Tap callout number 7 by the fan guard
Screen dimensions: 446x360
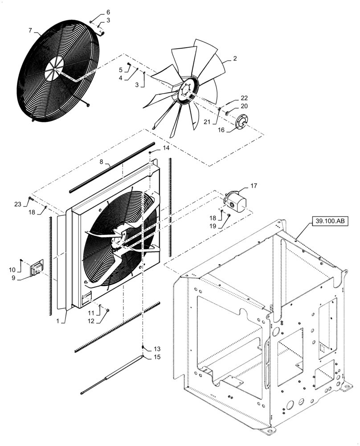[x=30, y=30]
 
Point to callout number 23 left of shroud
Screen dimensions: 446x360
[x=18, y=204]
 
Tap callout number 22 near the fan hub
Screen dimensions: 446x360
[x=244, y=98]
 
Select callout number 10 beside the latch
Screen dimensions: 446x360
[x=12, y=269]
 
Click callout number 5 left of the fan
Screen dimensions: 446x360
[x=121, y=70]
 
